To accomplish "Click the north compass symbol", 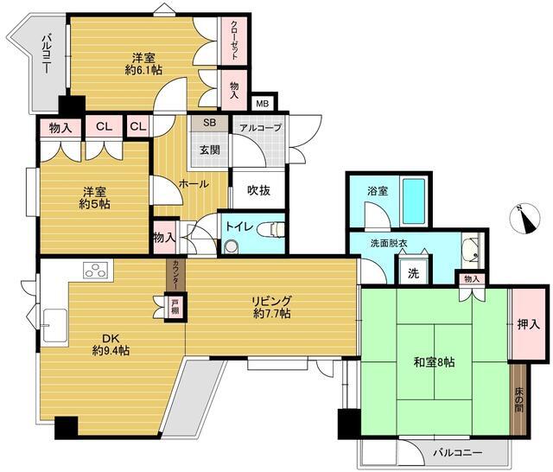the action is pyautogui.click(x=525, y=219).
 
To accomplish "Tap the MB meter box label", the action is pyautogui.click(x=263, y=104).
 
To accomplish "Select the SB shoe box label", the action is pyautogui.click(x=209, y=123).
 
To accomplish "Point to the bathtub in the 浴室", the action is pyautogui.click(x=413, y=201).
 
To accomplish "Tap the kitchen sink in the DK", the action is pyautogui.click(x=55, y=325).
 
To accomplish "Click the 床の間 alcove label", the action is pyautogui.click(x=518, y=399).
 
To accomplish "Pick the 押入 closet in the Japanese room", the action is pyautogui.click(x=527, y=324).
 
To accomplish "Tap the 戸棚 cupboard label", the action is pyautogui.click(x=175, y=307).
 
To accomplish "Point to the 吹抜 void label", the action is pyautogui.click(x=258, y=190).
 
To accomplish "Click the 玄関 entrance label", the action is pyautogui.click(x=210, y=150).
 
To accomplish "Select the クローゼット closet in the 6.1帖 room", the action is pyautogui.click(x=234, y=41).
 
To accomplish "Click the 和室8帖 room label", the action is pyautogui.click(x=434, y=362).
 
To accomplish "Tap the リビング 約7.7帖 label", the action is pyautogui.click(x=271, y=307).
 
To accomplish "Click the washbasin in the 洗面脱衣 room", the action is pyautogui.click(x=470, y=251).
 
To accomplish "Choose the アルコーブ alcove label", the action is pyautogui.click(x=261, y=127).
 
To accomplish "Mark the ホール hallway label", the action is pyautogui.click(x=194, y=184).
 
